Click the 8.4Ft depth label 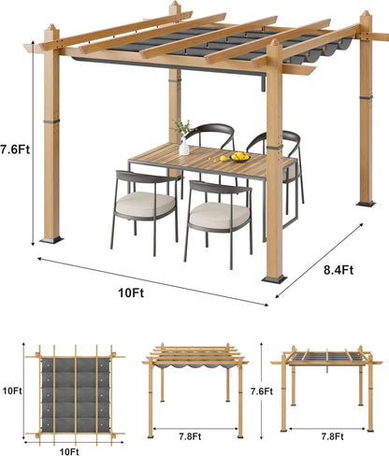tap(339, 270)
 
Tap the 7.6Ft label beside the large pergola tap(15, 150)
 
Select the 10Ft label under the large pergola tap(131, 293)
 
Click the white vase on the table tap(184, 147)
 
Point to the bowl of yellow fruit tap(240, 157)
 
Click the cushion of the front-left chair tap(145, 203)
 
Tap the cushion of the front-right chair tap(220, 214)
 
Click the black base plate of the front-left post tap(51, 240)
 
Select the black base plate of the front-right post tap(274, 278)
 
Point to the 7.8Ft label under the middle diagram tap(190, 436)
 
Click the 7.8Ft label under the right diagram tap(332, 436)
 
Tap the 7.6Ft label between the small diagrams tap(262, 391)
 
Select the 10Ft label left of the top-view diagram tap(12, 391)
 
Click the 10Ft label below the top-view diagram tap(69, 451)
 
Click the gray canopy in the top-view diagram tap(76, 394)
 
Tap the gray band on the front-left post tap(51, 121)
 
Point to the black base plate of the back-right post tap(366, 204)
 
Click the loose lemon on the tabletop tap(223, 159)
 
